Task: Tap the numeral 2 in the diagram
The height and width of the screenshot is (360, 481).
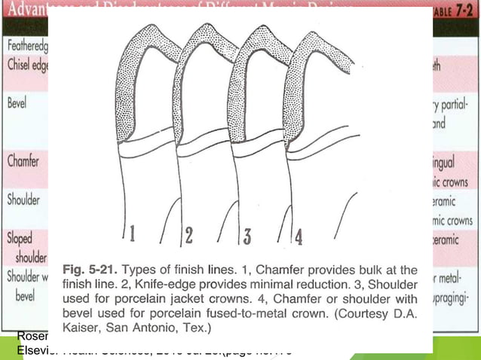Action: coord(189,236)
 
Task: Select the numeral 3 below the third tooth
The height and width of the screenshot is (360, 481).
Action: coord(246,236)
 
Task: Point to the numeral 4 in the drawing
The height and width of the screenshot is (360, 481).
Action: coord(299,237)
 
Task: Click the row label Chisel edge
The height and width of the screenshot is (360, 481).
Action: coord(26,65)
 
